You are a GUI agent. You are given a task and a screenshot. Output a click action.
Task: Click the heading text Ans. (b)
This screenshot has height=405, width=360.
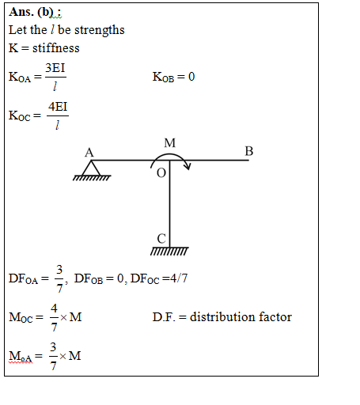pyautogui.click(x=35, y=12)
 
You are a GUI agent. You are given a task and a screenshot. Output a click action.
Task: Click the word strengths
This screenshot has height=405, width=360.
pyautogui.click(x=100, y=30)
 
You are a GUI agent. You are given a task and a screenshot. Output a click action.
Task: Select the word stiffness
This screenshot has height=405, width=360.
pyautogui.click(x=56, y=48)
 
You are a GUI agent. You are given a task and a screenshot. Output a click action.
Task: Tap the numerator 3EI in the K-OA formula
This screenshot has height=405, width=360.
pyautogui.click(x=55, y=68)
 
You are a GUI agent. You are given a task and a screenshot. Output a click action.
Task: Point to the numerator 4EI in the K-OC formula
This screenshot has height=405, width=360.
pyautogui.click(x=58, y=107)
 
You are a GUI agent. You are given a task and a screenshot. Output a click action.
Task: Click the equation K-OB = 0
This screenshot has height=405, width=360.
pyautogui.click(x=173, y=77)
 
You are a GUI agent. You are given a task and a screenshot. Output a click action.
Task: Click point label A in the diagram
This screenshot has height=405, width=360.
pyautogui.click(x=89, y=153)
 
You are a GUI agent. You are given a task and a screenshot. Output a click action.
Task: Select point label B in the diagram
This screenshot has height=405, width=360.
pyautogui.click(x=249, y=151)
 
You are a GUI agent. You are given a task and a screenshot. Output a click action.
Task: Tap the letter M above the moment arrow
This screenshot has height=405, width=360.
pyautogui.click(x=169, y=143)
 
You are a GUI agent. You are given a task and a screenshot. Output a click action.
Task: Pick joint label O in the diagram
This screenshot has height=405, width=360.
pyautogui.click(x=161, y=173)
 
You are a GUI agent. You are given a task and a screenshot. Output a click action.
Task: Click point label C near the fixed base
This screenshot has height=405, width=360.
pyautogui.click(x=161, y=239)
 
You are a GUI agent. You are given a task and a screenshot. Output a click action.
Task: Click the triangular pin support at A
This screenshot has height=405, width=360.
pyautogui.click(x=91, y=168)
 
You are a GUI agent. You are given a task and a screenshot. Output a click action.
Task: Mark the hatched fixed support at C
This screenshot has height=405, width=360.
pyautogui.click(x=169, y=252)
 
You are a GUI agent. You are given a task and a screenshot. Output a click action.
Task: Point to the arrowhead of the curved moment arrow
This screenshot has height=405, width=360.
pyautogui.click(x=188, y=166)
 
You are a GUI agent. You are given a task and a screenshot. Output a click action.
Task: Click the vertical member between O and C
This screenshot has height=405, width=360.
pyautogui.click(x=169, y=203)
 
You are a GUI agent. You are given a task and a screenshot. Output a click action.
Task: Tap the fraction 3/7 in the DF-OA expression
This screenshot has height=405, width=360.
pyautogui.click(x=59, y=279)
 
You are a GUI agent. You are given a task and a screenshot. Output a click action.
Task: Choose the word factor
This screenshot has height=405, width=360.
pyautogui.click(x=275, y=317)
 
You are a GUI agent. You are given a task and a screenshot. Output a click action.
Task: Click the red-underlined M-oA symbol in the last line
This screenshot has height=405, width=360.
pyautogui.click(x=21, y=356)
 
